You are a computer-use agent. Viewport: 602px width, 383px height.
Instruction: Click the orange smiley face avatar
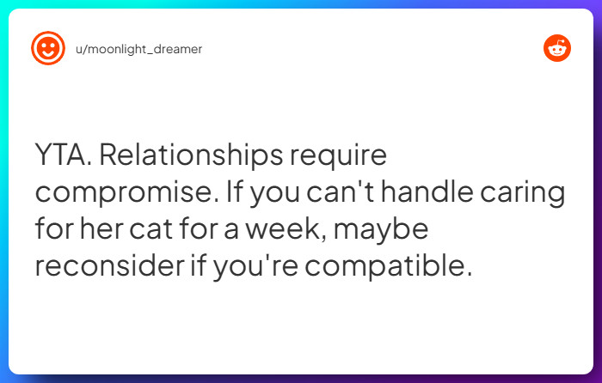pyautogui.click(x=48, y=49)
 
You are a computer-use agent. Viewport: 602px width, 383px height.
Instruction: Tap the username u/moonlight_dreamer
pyautogui.click(x=138, y=49)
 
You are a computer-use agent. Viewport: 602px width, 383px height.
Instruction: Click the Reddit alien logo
pyautogui.click(x=557, y=49)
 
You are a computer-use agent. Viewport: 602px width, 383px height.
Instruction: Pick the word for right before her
pyautogui.click(x=53, y=230)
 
